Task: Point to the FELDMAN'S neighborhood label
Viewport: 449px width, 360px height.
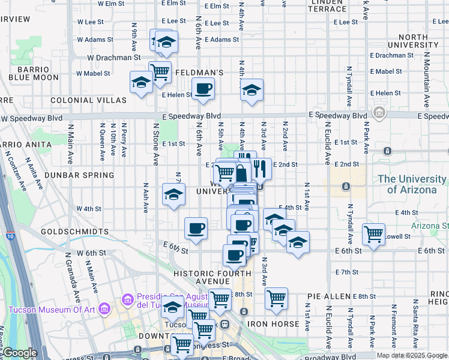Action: click(200, 73)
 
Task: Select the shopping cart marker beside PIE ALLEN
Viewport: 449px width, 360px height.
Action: click(276, 298)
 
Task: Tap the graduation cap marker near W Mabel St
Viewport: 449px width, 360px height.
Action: click(141, 83)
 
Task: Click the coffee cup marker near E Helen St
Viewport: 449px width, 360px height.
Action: click(203, 89)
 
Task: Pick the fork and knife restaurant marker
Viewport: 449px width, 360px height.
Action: click(260, 168)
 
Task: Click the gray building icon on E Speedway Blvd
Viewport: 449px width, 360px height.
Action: click(379, 113)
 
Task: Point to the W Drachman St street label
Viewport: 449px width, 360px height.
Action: click(113, 58)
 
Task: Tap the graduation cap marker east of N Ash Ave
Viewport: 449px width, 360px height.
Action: click(173, 195)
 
